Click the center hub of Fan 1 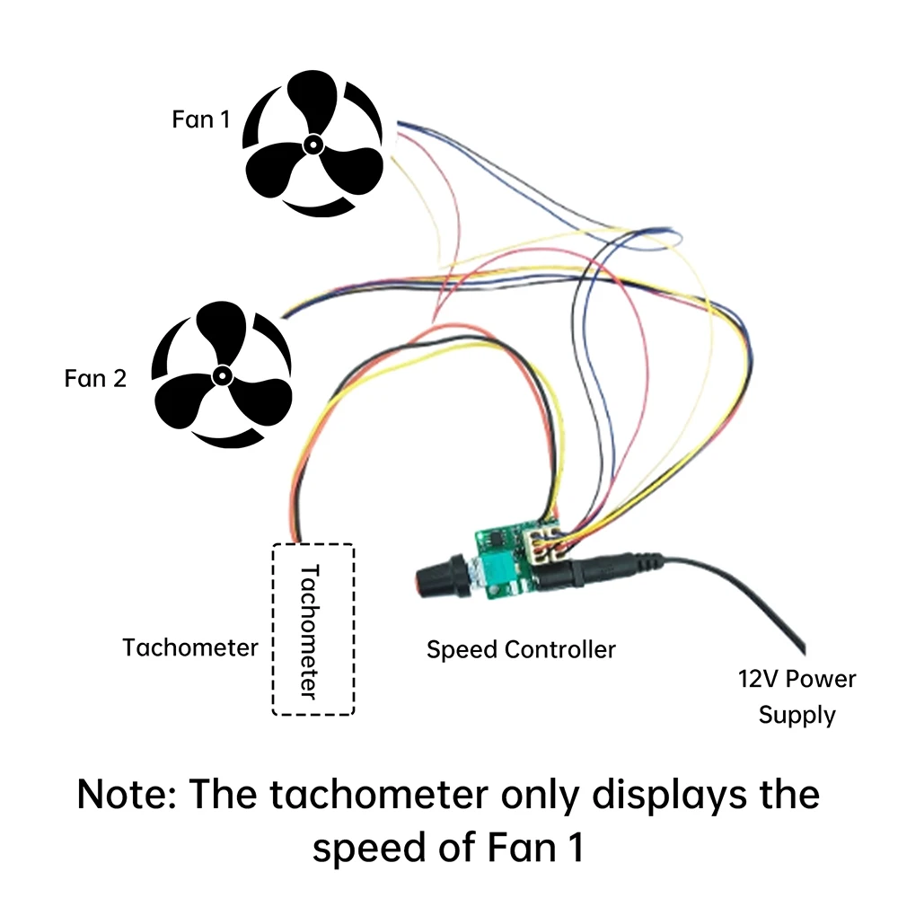click(313, 145)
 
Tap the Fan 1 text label click(207, 119)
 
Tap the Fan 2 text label click(95, 378)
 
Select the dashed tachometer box click(313, 629)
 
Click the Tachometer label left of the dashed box click(190, 647)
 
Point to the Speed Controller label click(521, 649)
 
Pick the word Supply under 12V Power click(797, 716)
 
